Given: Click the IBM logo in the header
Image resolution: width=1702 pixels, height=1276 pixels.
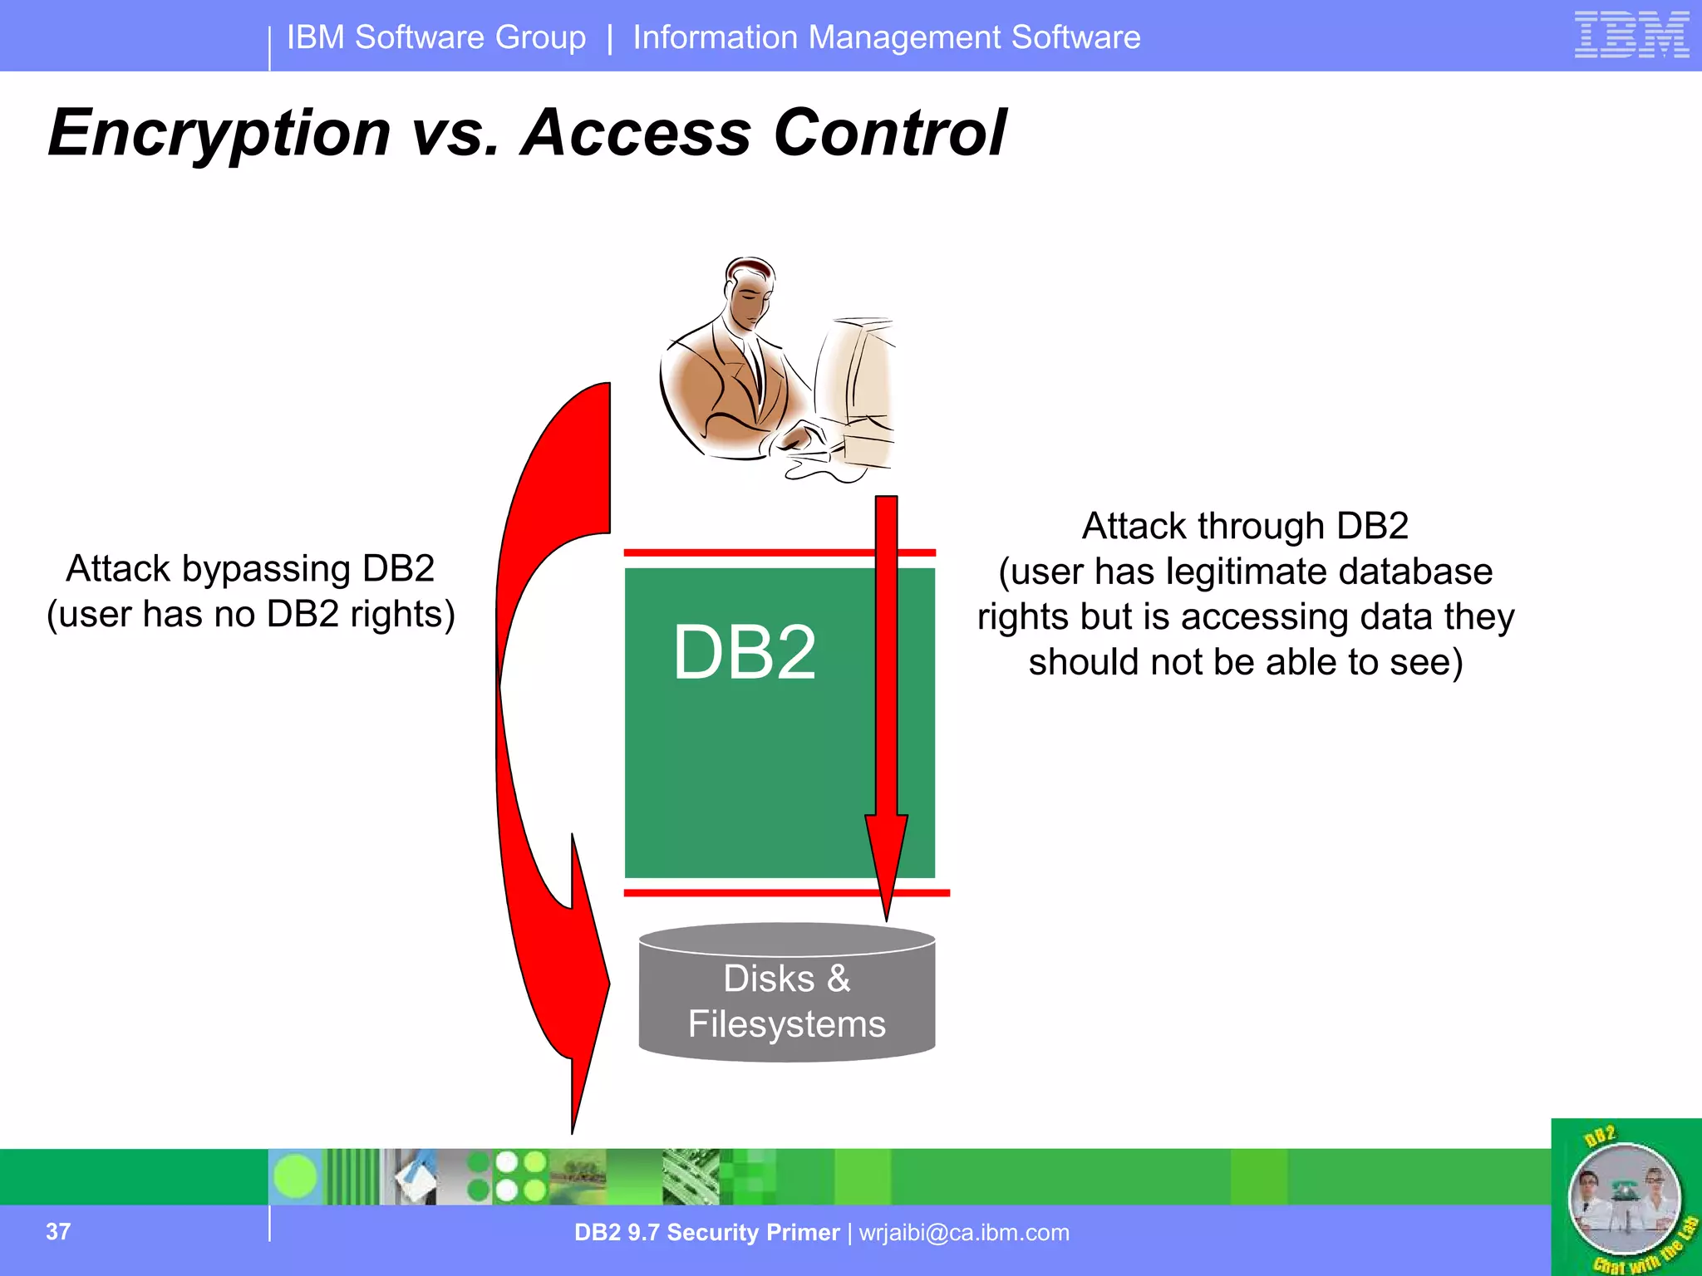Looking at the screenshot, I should tap(1631, 35).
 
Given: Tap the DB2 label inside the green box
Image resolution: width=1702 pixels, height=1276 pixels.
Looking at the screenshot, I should tap(745, 653).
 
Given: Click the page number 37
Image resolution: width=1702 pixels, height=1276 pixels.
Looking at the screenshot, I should tap(58, 1231).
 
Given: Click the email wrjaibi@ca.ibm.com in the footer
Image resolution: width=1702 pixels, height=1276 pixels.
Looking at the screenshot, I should tap(964, 1233).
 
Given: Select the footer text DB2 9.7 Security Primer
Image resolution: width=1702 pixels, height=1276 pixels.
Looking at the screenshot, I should tap(706, 1233).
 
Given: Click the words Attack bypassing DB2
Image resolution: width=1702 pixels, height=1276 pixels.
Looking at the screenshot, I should tap(250, 569).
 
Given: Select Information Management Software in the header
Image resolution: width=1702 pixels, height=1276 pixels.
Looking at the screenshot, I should tap(886, 37).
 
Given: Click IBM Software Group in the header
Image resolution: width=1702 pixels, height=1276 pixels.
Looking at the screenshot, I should tap(436, 37).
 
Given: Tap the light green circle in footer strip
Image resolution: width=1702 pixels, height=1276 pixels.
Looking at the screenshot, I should tap(295, 1177).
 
